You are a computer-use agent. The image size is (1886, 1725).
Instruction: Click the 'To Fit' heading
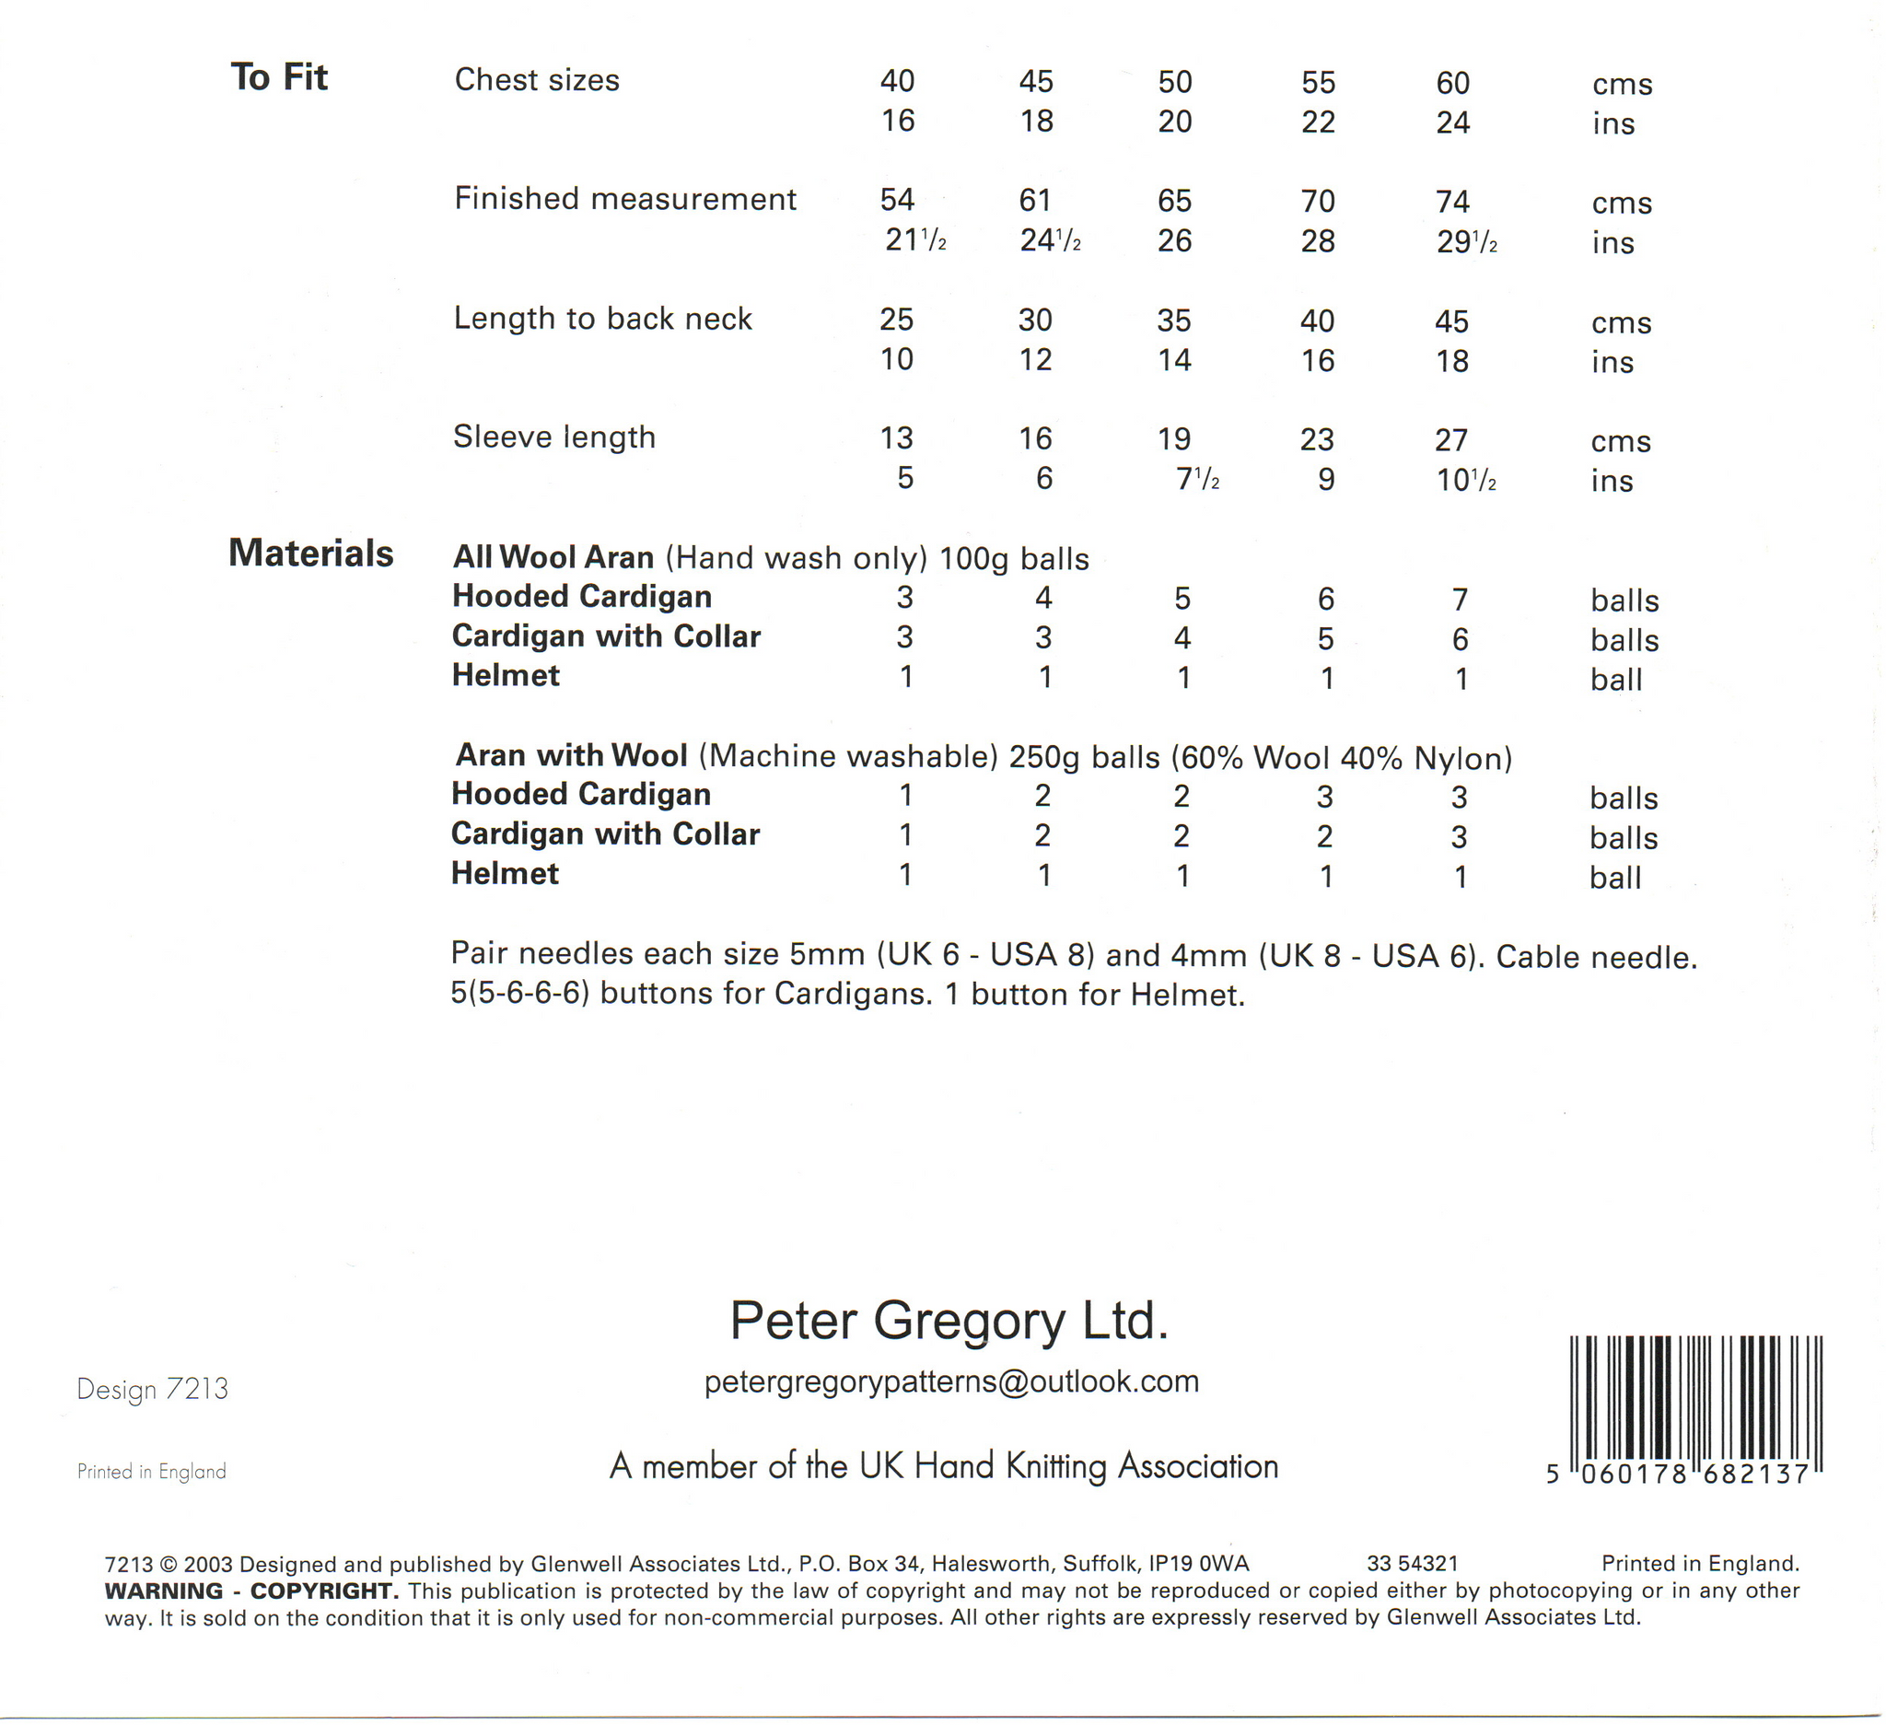279,76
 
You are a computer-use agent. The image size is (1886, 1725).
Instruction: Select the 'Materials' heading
310,553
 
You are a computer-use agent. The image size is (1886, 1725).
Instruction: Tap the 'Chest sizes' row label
537,80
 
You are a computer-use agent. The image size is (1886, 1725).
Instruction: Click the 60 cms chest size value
1453,83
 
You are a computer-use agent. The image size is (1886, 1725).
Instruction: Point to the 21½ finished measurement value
915,240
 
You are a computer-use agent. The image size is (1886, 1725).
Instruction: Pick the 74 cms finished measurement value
1453,202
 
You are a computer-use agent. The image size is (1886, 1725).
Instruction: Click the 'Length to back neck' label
602,319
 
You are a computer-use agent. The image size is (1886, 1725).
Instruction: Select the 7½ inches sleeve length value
1196,479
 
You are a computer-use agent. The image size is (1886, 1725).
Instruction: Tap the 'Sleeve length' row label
553,437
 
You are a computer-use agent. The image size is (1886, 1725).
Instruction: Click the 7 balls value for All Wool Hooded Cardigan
1461,599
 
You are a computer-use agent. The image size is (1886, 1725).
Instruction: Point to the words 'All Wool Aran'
553,557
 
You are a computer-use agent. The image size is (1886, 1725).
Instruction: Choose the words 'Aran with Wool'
572,755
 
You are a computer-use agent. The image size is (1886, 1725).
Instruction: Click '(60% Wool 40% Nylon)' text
1342,758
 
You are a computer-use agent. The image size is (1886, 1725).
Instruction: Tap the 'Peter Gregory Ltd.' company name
949,1320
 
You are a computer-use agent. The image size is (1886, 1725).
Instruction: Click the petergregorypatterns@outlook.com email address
951,1381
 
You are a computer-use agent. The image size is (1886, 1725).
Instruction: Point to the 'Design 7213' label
153,1389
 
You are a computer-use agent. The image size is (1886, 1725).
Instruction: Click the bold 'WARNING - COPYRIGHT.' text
251,1591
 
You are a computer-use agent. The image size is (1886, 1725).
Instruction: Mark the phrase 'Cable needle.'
1596,957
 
